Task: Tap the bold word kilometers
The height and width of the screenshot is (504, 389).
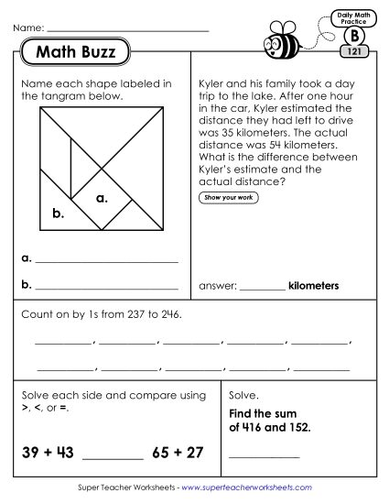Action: coord(313,286)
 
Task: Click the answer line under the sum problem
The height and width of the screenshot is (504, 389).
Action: coord(265,456)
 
